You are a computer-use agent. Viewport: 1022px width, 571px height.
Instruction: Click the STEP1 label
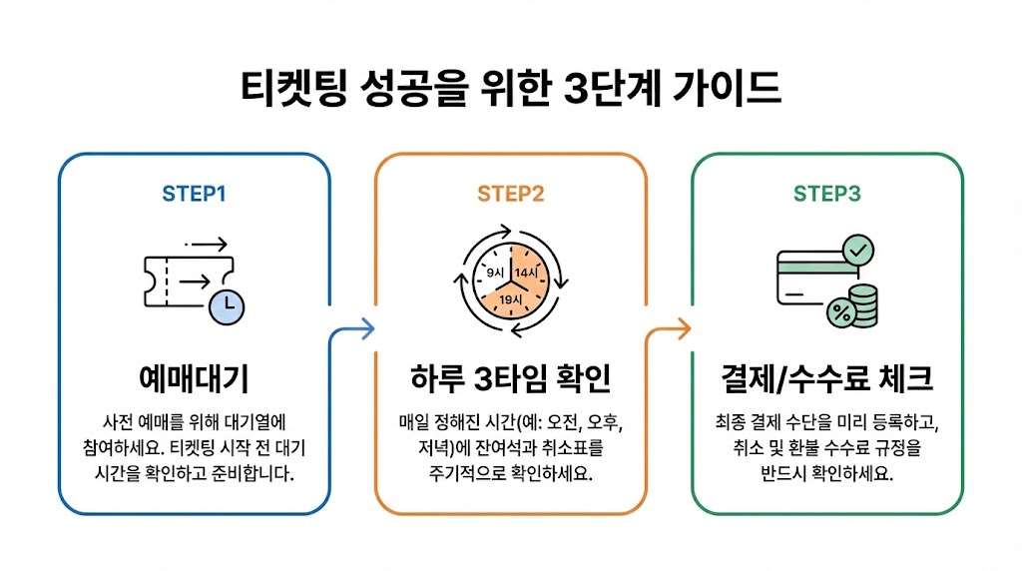(194, 194)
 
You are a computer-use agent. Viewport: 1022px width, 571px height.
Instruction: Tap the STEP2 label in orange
(510, 194)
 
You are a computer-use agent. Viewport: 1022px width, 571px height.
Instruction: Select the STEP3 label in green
(826, 194)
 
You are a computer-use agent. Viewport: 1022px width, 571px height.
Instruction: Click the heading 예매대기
(194, 379)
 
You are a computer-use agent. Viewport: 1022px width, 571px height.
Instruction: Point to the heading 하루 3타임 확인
(510, 379)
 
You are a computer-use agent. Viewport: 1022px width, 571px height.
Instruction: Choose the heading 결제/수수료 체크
(826, 379)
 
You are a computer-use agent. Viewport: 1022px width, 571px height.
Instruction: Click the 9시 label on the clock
(494, 272)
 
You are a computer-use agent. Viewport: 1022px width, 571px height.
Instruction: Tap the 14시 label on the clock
(526, 272)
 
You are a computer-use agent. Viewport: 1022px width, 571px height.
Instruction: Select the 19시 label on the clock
(511, 298)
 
